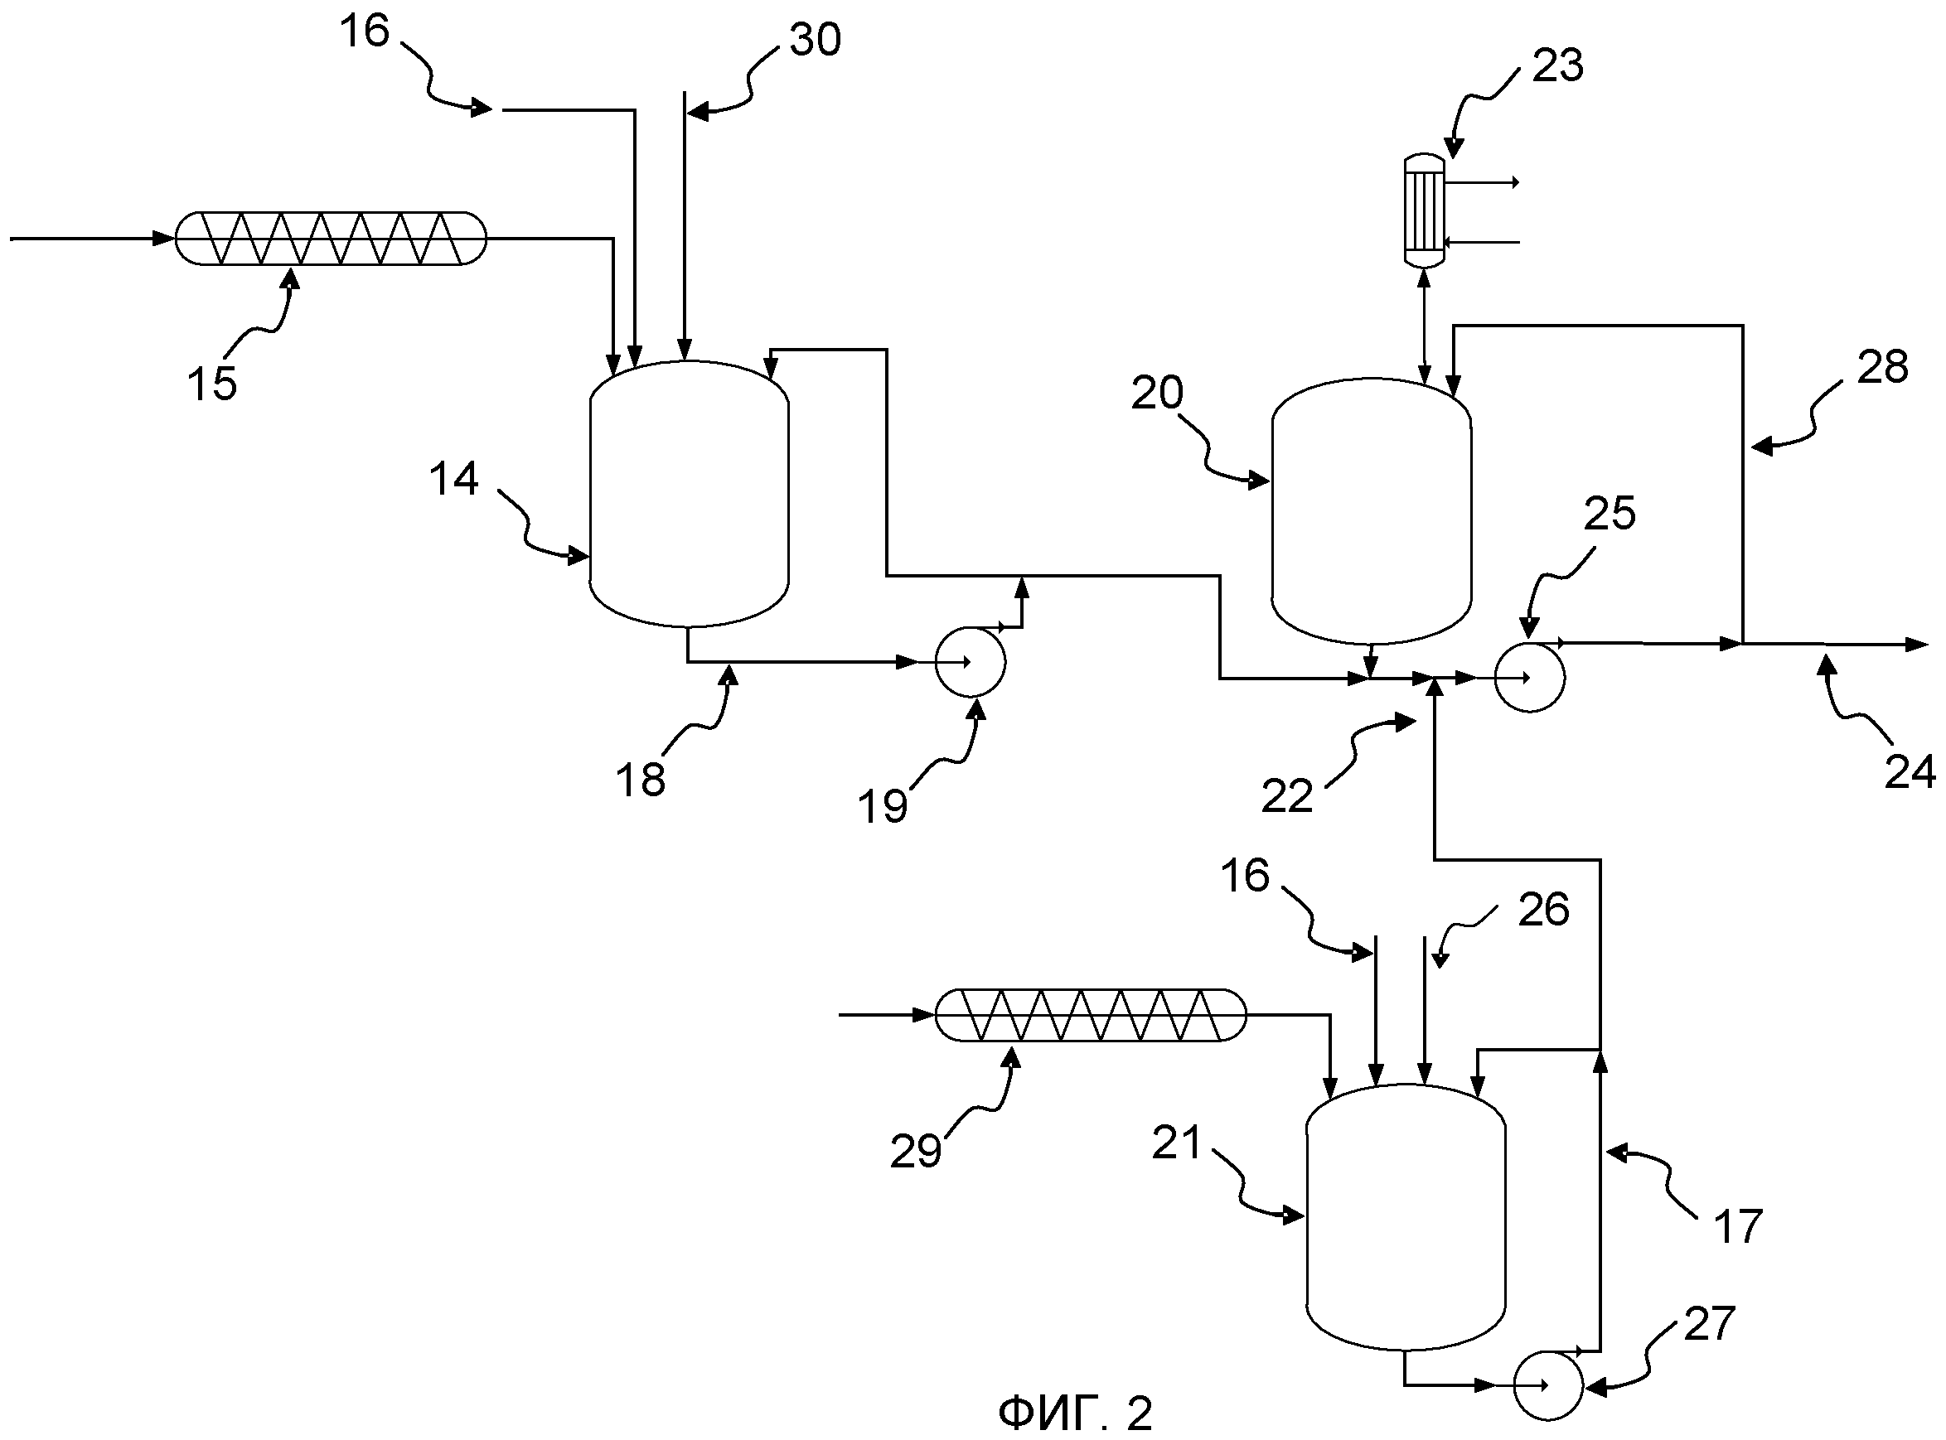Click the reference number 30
point(816,40)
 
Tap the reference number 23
point(1557,65)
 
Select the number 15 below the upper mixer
point(212,384)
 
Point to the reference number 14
point(453,480)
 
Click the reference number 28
point(1883,367)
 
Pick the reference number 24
point(1910,772)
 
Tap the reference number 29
point(916,1152)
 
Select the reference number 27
point(1710,1324)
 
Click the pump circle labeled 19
point(970,663)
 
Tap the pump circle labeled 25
point(1529,677)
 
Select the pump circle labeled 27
point(1547,1384)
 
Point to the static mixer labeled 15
point(331,238)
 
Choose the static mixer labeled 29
point(1091,1015)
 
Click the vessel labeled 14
point(690,493)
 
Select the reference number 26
point(1543,910)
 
